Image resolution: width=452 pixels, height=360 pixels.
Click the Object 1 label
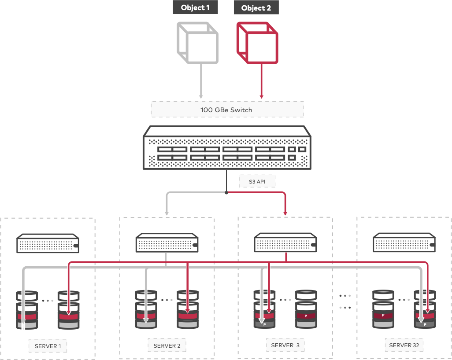tap(195, 7)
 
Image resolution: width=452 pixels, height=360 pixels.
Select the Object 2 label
tap(256, 8)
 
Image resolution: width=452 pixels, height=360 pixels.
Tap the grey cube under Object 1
tap(198, 43)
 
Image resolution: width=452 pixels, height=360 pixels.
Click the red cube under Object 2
tap(257, 43)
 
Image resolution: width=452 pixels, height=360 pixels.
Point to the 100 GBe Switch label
tap(227, 110)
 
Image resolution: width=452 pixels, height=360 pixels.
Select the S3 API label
tap(257, 181)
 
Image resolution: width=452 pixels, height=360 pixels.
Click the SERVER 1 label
tap(48, 346)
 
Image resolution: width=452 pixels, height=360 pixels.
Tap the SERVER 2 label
tap(167, 345)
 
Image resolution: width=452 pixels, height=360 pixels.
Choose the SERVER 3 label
tap(285, 345)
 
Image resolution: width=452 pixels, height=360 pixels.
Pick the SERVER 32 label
tap(404, 345)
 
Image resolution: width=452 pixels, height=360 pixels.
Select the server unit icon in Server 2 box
tap(167, 243)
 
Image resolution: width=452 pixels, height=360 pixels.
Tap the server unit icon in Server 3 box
tap(285, 242)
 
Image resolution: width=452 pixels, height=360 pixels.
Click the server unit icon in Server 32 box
tap(404, 242)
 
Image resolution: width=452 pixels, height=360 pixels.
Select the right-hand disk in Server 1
tap(68, 310)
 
